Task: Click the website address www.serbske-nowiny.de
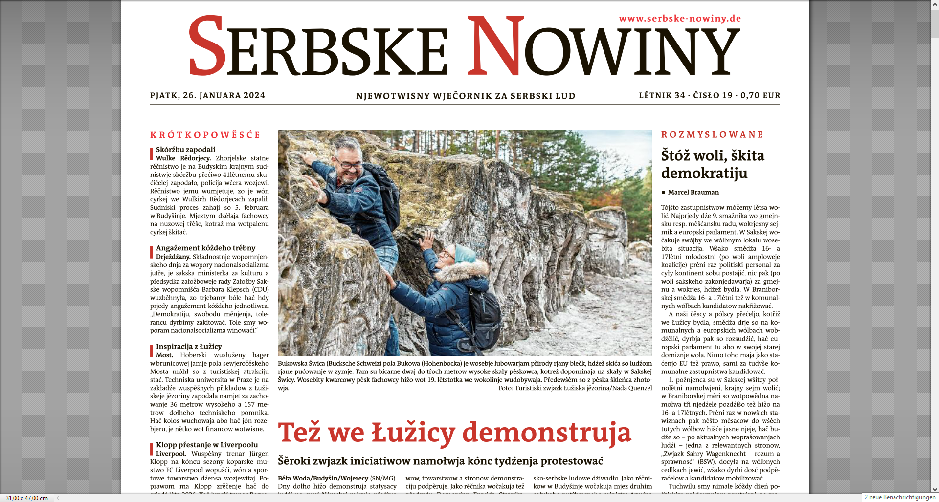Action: [680, 19]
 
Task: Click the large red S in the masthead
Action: [207, 46]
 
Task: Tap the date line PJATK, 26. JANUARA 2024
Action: [207, 95]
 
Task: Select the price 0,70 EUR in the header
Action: [760, 95]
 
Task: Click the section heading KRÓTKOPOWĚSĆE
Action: [205, 135]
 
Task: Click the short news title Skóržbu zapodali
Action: [185, 150]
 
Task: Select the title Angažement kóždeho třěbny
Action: [205, 248]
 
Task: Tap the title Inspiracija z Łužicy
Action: [189, 346]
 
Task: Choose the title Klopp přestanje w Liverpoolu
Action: [207, 445]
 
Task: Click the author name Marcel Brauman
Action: [693, 192]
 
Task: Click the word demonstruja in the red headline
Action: [546, 433]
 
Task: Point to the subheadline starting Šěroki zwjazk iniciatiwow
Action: [440, 461]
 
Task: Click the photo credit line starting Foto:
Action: [575, 388]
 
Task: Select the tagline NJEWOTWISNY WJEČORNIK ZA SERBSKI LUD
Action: [465, 96]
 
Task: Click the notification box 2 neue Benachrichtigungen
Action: [899, 497]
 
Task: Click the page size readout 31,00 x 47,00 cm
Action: [27, 498]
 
